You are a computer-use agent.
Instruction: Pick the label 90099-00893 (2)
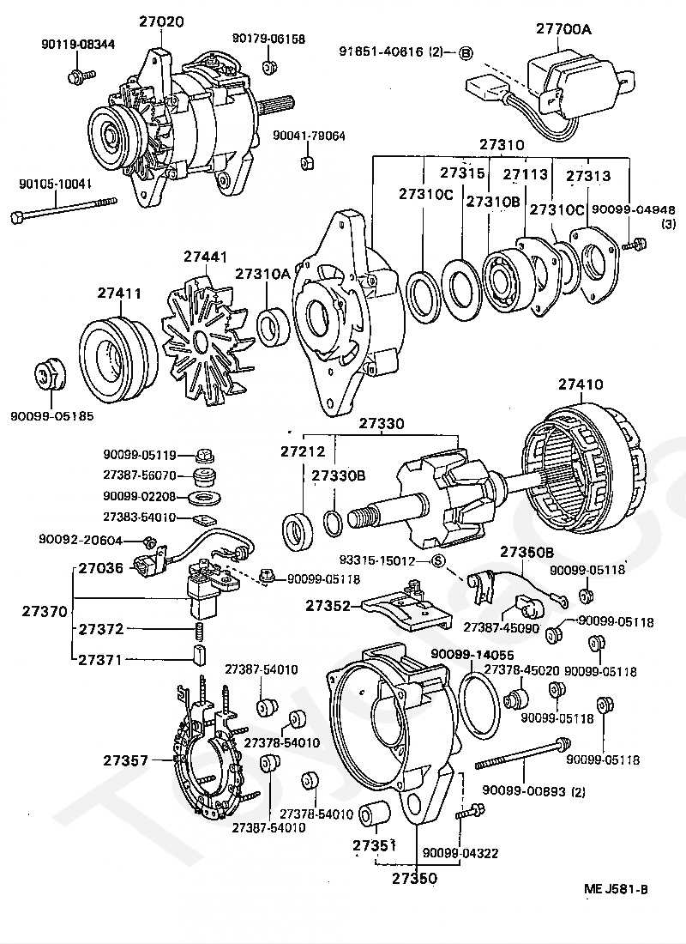point(533,790)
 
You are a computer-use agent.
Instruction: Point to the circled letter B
point(466,52)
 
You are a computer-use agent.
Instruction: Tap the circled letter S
point(437,562)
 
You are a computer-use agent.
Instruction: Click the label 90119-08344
point(78,44)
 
